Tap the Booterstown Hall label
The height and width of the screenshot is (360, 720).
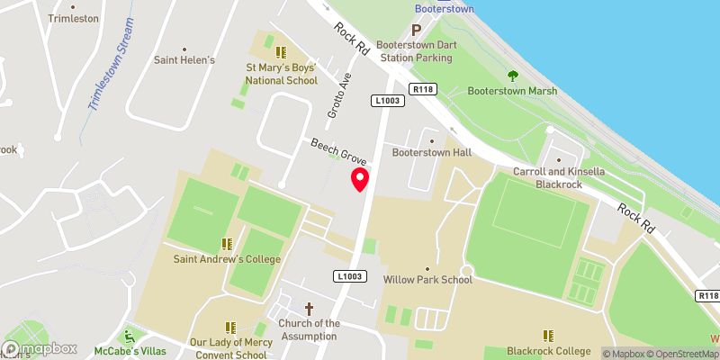431,152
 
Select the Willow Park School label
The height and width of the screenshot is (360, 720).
427,279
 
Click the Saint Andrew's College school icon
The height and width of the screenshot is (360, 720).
227,243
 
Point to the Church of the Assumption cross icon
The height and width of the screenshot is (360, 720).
309,308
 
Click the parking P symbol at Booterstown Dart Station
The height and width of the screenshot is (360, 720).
417,30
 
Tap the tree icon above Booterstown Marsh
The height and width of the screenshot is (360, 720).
513,76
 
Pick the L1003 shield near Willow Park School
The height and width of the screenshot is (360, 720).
352,275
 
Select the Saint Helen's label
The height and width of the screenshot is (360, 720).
184,60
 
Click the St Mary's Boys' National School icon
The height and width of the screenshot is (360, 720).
281,52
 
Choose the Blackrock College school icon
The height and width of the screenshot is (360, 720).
548,335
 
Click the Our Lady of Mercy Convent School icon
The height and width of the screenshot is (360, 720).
229,328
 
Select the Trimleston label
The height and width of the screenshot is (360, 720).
73,18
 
